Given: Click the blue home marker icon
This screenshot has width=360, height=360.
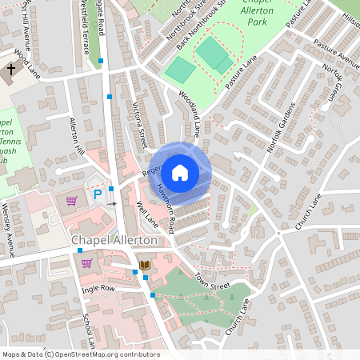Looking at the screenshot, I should [x=180, y=173].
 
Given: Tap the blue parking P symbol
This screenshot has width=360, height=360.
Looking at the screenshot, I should [x=98, y=194].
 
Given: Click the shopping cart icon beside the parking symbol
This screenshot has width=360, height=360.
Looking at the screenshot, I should [x=72, y=201].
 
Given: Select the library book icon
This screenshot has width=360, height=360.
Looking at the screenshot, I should [x=145, y=265].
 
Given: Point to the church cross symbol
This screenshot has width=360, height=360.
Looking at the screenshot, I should [x=11, y=70].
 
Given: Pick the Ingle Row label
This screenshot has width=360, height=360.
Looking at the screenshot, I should [x=98, y=287].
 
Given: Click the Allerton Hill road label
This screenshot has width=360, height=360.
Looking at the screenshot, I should [x=78, y=137].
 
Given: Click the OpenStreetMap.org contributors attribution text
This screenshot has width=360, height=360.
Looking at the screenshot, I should [x=108, y=354].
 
